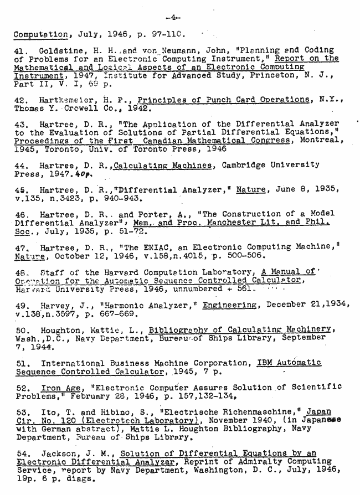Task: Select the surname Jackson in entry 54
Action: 59,453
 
